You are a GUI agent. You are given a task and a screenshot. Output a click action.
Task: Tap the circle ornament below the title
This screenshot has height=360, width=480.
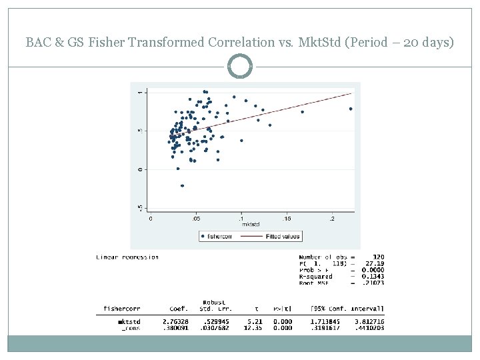pyautogui.click(x=240, y=67)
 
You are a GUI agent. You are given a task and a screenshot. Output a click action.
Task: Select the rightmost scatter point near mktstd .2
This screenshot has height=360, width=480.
pyautogui.click(x=350, y=109)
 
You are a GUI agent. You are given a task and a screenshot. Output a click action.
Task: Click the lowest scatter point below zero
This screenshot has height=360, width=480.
pyautogui.click(x=182, y=185)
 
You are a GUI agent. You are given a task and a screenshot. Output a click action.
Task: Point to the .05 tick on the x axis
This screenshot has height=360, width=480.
pyautogui.click(x=195, y=218)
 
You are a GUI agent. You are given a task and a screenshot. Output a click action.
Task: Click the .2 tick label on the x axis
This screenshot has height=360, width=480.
pyautogui.click(x=331, y=218)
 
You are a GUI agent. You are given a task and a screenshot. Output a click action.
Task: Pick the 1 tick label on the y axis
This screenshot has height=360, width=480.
pyautogui.click(x=139, y=92)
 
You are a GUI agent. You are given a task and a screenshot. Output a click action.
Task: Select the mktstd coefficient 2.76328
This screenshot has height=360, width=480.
pyautogui.click(x=174, y=321)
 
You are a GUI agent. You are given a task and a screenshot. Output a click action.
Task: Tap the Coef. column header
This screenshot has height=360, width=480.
pyautogui.click(x=179, y=309)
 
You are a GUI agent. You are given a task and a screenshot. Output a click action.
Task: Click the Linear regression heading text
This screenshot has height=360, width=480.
pyautogui.click(x=127, y=257)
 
